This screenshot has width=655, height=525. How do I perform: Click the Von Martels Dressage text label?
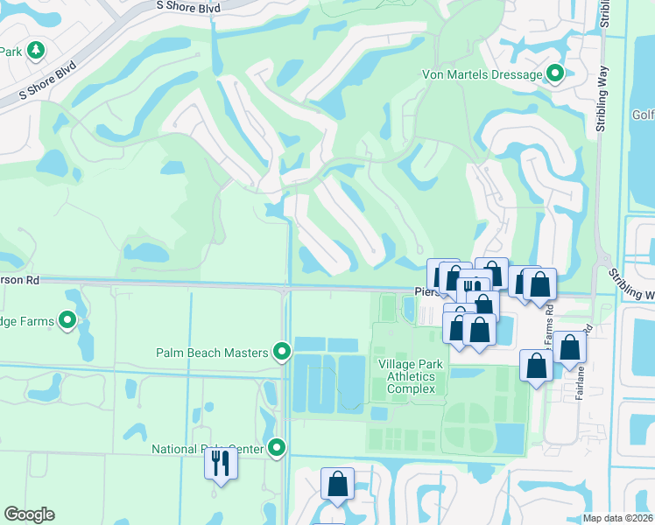482,75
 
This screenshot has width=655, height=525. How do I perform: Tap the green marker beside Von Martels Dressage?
554,75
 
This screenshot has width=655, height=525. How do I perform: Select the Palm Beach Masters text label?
211,353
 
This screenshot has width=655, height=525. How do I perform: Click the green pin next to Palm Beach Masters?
281,352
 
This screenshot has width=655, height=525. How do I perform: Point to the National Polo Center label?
207,449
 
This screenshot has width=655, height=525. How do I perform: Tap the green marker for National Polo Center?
278,449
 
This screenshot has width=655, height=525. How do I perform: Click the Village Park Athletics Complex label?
412,376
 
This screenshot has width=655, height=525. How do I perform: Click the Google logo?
29,514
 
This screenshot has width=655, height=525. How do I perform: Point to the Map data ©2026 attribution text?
616,518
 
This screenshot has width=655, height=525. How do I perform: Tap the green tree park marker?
35,51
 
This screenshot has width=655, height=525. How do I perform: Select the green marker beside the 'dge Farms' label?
68,321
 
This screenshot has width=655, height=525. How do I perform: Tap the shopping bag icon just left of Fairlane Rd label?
569,347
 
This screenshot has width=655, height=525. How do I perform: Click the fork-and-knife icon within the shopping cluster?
471,286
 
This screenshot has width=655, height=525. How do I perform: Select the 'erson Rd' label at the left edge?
20,282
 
